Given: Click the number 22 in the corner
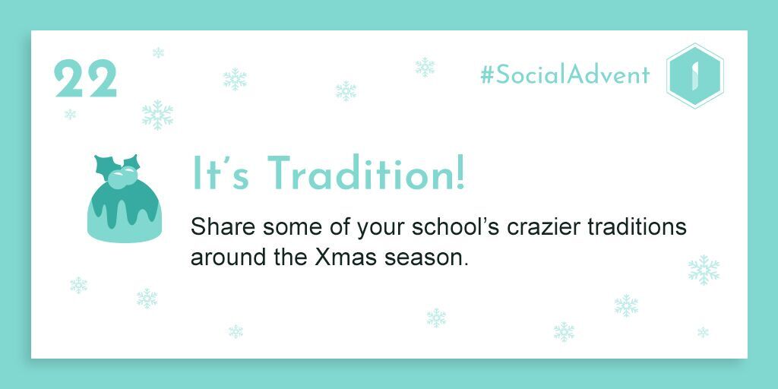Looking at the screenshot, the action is point(85,78).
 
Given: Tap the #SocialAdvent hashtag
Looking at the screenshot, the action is point(565,75).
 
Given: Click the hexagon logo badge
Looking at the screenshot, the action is point(694,75).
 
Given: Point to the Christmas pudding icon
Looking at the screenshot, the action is point(124,198).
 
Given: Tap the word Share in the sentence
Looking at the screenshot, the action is point(223,227).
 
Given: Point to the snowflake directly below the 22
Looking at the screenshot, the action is point(70,114).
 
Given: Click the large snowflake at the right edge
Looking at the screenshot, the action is point(704,270).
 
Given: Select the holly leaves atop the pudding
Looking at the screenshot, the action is point(118,165).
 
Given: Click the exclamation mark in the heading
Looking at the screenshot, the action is point(460,172).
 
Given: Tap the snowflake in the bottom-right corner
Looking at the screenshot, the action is point(703,332).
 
